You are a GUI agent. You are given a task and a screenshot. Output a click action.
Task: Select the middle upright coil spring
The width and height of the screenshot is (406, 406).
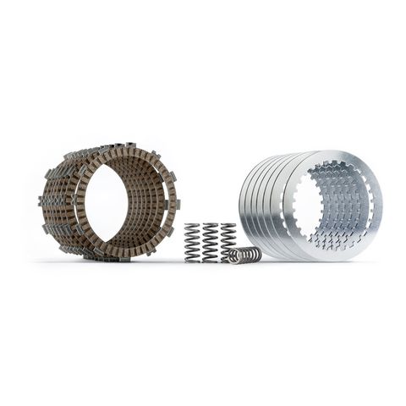tap(210, 243)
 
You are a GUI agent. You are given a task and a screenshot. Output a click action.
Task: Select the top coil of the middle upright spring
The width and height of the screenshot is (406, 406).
tap(210, 226)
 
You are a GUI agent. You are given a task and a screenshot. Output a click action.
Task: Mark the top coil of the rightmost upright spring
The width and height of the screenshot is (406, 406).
tap(228, 225)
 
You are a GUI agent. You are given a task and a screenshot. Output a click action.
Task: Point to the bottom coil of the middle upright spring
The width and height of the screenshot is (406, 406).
tap(210, 260)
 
